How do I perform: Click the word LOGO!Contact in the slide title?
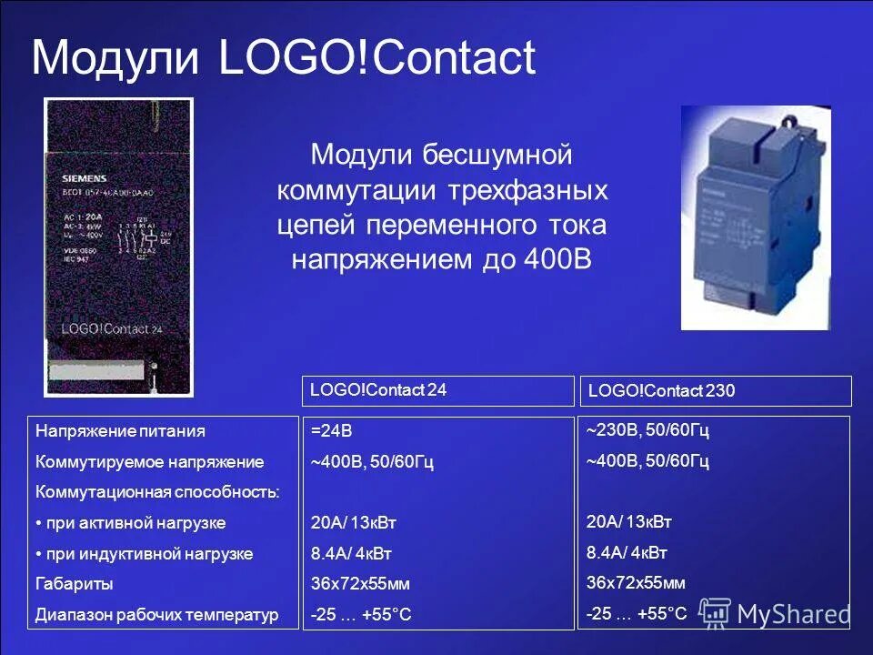coord(377,58)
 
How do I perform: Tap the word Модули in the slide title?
coord(115,58)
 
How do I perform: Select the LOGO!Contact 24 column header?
coord(378,390)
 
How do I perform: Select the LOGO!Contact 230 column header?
coord(661,391)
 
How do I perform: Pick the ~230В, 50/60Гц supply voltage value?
coord(647,430)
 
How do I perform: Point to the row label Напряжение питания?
coord(120,431)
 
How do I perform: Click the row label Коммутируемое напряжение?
coord(149,462)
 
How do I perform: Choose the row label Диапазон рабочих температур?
coord(156,615)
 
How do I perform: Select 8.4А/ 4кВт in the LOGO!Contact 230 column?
coord(627,552)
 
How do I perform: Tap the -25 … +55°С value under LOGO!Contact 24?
coord(361,615)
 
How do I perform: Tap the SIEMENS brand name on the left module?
coord(85,177)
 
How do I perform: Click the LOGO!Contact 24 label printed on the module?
coord(111,328)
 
